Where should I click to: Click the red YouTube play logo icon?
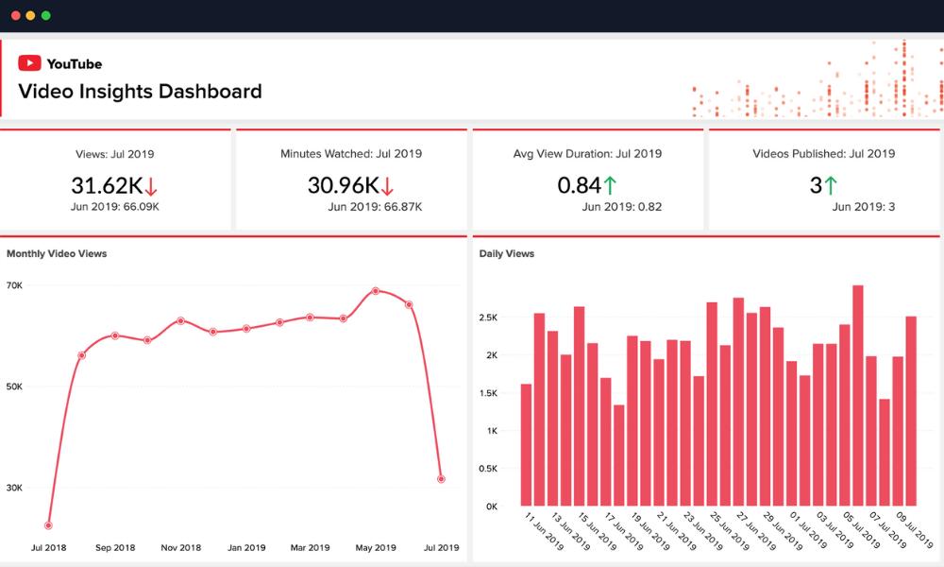coord(29,63)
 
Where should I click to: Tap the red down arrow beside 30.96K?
coord(388,186)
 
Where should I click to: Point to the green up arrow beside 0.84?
coord(610,186)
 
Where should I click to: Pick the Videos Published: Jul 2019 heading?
coord(823,153)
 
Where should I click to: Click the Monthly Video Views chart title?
coord(57,253)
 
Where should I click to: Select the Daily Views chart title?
coord(506,253)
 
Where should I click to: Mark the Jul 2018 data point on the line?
coord(48,525)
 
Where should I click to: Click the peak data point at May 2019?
coord(376,291)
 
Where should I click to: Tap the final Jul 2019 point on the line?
coord(441,479)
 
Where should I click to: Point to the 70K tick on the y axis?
coord(14,285)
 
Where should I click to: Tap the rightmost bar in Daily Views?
coord(911,411)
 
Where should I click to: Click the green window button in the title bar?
coord(46,16)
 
